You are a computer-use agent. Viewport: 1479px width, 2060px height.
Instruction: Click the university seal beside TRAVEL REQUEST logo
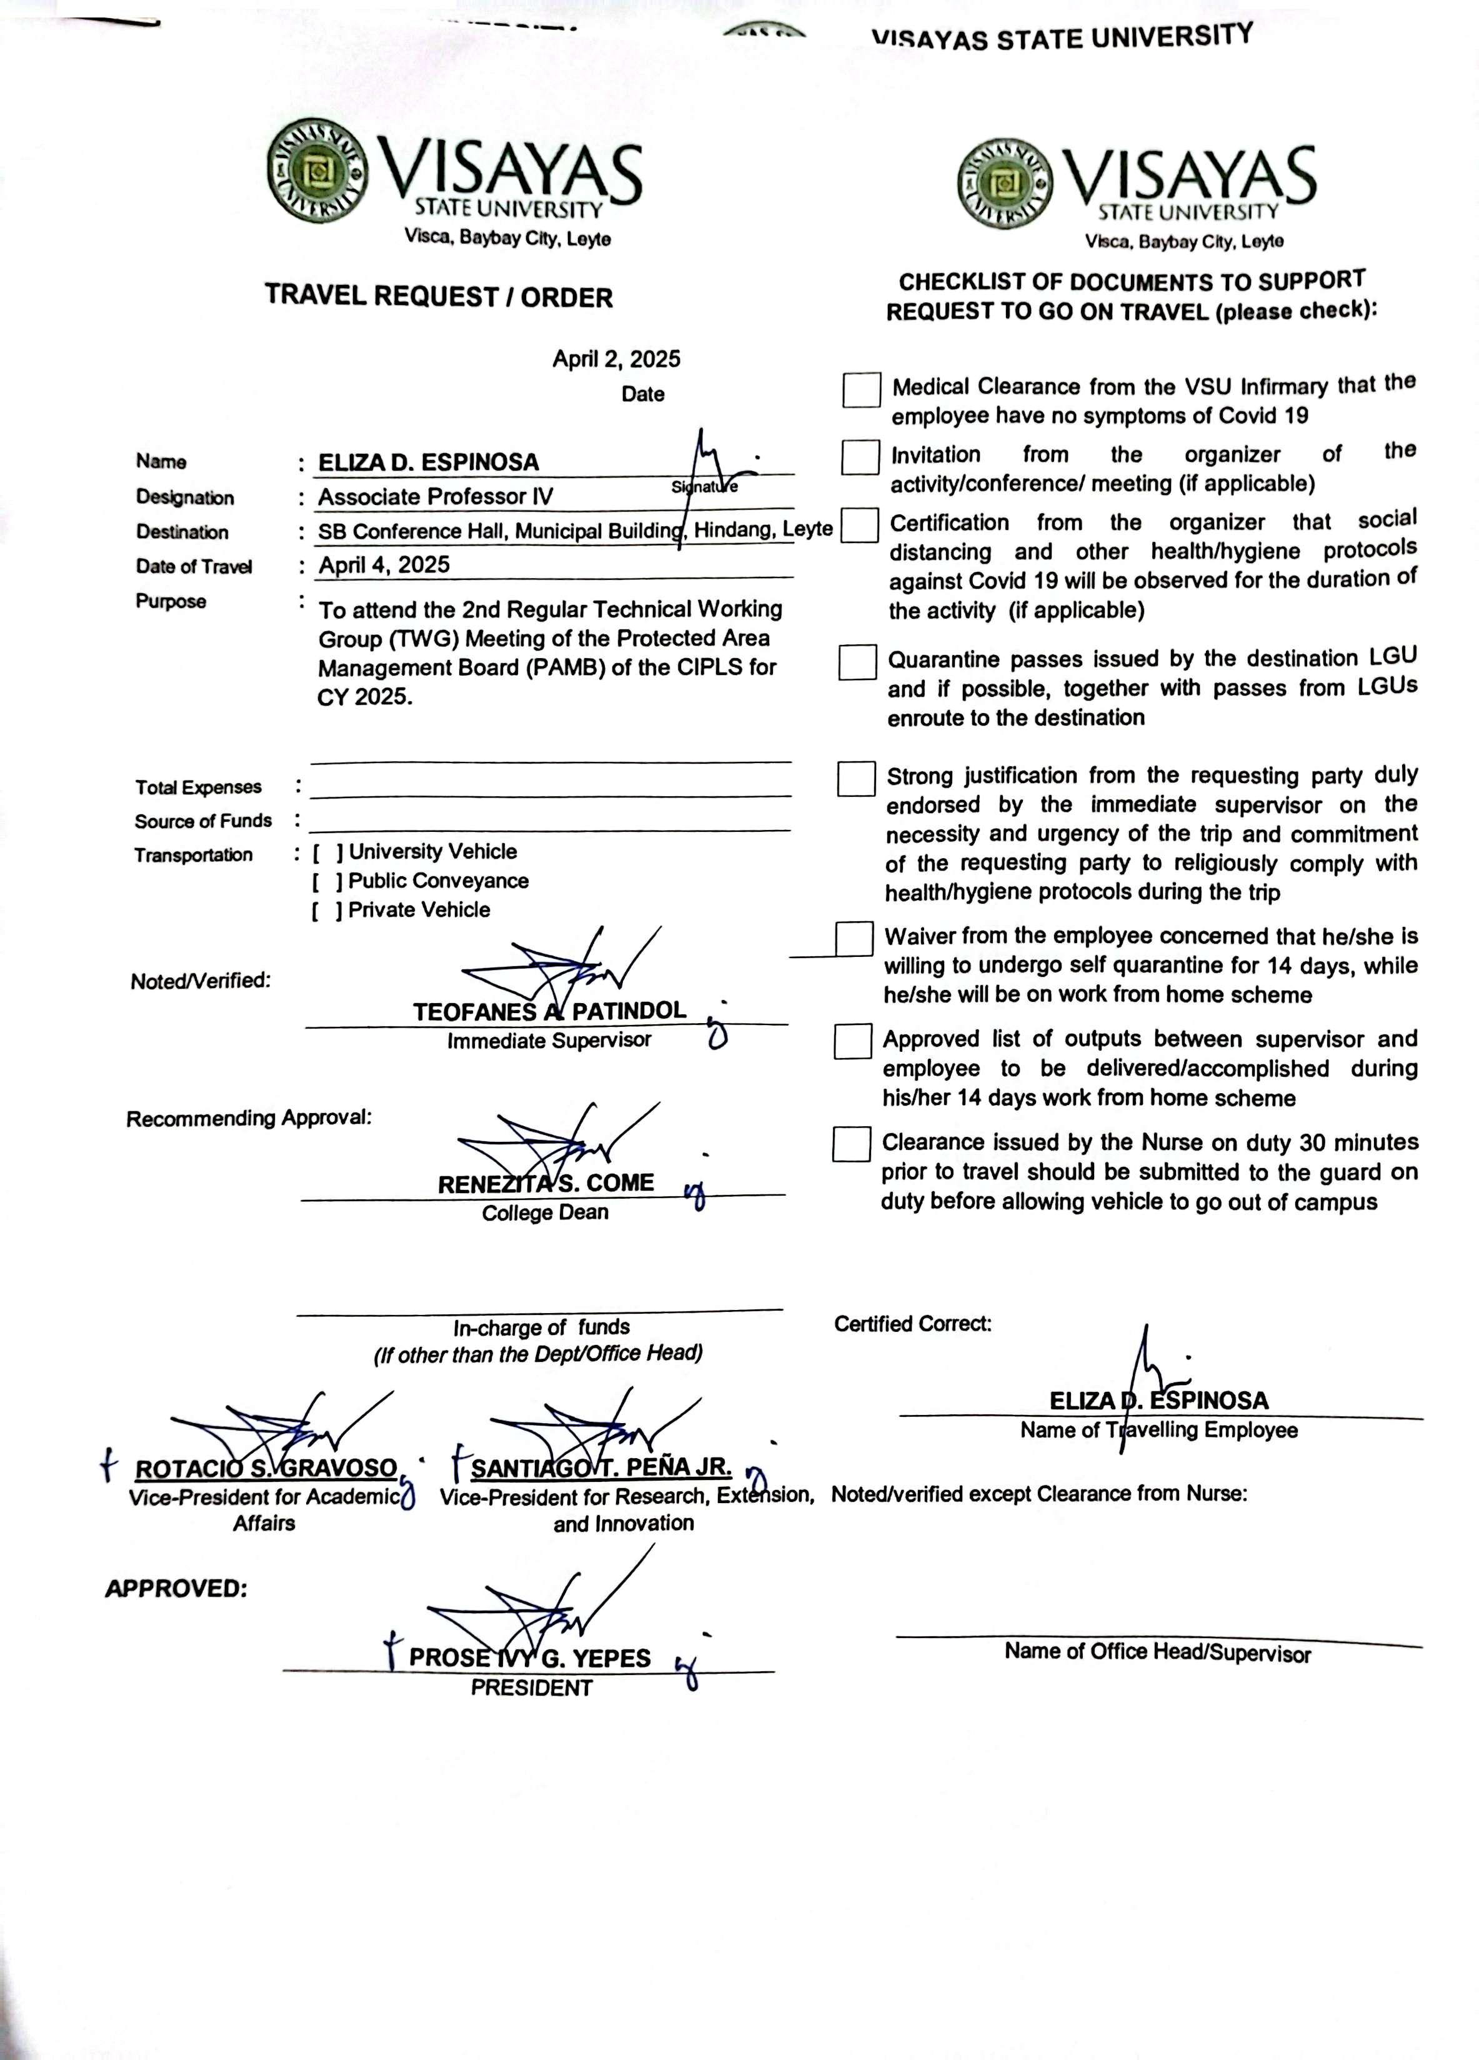pyautogui.click(x=318, y=170)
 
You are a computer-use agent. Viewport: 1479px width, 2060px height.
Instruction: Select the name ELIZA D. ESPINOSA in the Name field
pyautogui.click(x=427, y=462)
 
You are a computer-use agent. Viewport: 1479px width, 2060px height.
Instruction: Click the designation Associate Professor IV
pyautogui.click(x=435, y=497)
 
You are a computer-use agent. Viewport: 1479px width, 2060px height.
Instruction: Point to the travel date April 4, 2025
pyautogui.click(x=384, y=565)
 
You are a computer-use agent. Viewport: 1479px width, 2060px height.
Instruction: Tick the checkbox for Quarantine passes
pyautogui.click(x=857, y=662)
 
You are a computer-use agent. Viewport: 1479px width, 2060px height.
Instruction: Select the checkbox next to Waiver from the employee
pyautogui.click(x=854, y=939)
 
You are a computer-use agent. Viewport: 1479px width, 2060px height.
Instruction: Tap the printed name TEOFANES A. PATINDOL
pyautogui.click(x=549, y=1011)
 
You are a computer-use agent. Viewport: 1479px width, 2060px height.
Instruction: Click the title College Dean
pyautogui.click(x=545, y=1212)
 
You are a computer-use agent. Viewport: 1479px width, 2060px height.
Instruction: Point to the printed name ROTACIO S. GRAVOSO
pyautogui.click(x=266, y=1469)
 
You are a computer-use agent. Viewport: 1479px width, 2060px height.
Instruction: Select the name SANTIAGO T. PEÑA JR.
pyautogui.click(x=600, y=1467)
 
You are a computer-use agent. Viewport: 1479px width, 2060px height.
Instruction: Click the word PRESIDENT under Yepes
pyautogui.click(x=531, y=1687)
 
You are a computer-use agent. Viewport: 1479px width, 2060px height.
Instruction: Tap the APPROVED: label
pyautogui.click(x=176, y=1589)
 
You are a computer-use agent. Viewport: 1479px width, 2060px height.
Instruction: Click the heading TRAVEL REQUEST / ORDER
pyautogui.click(x=439, y=296)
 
